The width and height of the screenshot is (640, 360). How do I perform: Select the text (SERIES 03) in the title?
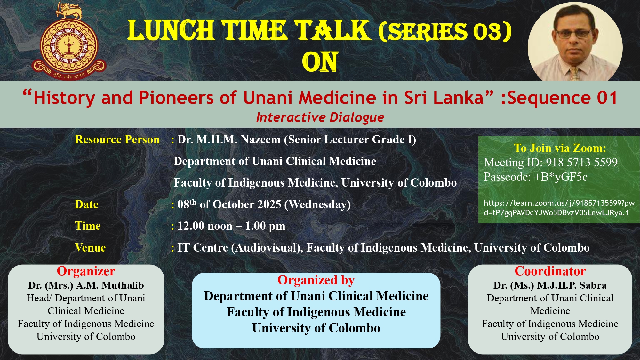[445, 32]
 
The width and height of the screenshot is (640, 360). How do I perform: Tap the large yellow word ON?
[320, 62]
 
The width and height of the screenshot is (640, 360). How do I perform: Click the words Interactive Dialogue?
[320, 117]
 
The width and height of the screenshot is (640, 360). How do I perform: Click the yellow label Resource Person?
[117, 140]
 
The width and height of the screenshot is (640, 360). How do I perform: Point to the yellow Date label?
[86, 204]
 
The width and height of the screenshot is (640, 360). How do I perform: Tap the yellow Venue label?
[90, 248]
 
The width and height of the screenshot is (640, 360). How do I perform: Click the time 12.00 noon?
[205, 226]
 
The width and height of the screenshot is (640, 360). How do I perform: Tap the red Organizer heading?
[86, 271]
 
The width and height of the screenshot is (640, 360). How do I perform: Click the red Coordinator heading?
[550, 271]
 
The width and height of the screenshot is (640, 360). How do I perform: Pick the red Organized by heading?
[316, 280]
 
